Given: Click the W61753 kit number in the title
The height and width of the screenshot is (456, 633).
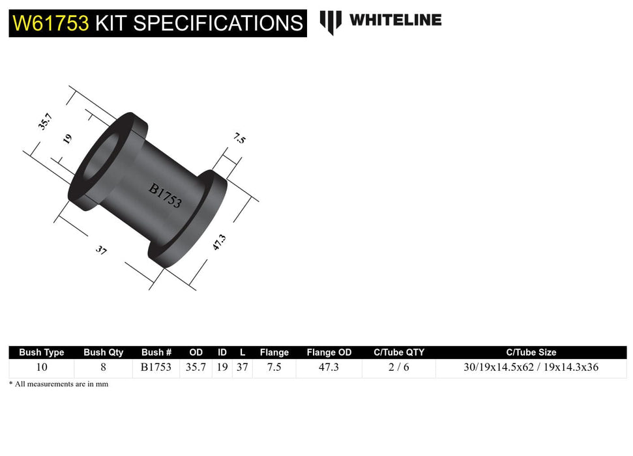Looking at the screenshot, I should [x=50, y=23].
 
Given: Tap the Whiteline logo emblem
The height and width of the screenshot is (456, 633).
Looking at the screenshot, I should [x=331, y=21].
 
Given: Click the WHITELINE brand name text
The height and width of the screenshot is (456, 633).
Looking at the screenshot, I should [x=395, y=20].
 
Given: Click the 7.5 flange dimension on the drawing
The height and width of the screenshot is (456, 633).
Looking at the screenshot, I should [x=239, y=138].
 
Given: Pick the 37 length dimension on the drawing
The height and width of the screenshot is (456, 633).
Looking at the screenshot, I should [x=101, y=249].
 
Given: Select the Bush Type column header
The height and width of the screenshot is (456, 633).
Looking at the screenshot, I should [x=42, y=352].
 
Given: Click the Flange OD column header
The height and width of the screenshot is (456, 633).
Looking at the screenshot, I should [x=329, y=352].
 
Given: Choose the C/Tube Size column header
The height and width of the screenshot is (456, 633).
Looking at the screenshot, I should [x=531, y=352].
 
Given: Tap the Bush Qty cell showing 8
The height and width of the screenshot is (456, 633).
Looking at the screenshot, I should [x=103, y=367].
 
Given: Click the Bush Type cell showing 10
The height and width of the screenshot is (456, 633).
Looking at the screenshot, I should [x=42, y=367].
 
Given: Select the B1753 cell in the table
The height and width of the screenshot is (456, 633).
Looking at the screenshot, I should [x=156, y=367].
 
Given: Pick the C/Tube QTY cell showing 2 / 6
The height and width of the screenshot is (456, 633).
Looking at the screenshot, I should [x=398, y=367].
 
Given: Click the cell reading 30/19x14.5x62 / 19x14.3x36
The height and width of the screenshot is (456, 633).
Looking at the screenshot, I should [x=531, y=367].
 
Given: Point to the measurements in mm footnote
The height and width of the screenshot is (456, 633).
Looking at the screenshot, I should [x=59, y=384].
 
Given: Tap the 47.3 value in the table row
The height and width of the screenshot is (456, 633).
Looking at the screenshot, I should [x=329, y=367].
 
